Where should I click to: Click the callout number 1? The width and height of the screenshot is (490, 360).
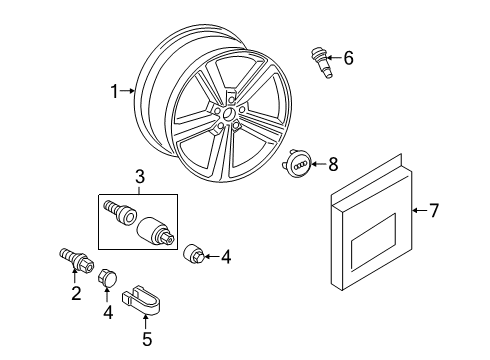click(114, 91)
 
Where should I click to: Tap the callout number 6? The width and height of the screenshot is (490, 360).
click(348, 58)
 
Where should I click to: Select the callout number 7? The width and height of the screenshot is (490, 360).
click(433, 211)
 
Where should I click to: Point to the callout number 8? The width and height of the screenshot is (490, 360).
click(333, 164)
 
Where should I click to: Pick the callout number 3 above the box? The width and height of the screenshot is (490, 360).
click(140, 176)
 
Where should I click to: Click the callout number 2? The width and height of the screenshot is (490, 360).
click(76, 293)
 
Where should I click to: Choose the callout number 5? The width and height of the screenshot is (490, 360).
click(147, 339)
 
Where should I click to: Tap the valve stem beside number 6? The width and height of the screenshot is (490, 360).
click(321, 63)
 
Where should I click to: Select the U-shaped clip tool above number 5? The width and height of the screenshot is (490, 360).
click(141, 300)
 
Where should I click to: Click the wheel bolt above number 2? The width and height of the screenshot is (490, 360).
click(76, 260)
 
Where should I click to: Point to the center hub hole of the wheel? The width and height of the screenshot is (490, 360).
click(229, 113)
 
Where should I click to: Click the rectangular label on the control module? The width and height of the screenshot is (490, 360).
click(373, 242)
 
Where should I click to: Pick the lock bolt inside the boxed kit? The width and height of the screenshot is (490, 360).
click(120, 211)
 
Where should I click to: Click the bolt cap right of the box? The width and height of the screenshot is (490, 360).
click(193, 255)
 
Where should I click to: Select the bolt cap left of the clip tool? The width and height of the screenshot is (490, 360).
click(108, 277)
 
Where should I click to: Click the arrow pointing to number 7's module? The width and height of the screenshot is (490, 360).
click(420, 210)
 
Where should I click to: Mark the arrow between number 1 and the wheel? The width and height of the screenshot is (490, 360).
click(127, 90)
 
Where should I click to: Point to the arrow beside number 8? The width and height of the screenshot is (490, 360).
click(319, 164)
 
